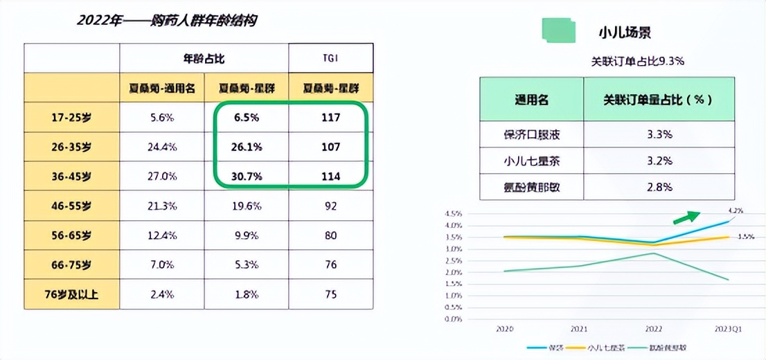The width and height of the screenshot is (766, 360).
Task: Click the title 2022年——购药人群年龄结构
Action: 166,20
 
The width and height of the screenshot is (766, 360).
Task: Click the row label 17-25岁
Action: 72,118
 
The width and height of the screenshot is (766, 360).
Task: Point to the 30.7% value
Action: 247,177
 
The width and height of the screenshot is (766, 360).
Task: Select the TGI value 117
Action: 331,118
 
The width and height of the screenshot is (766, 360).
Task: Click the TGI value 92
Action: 331,206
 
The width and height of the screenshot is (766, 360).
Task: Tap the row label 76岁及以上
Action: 72,294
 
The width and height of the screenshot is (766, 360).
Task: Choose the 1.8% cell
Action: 247,294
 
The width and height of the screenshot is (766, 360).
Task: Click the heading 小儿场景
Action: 625,33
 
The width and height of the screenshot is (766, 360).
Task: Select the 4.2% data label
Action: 735,210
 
